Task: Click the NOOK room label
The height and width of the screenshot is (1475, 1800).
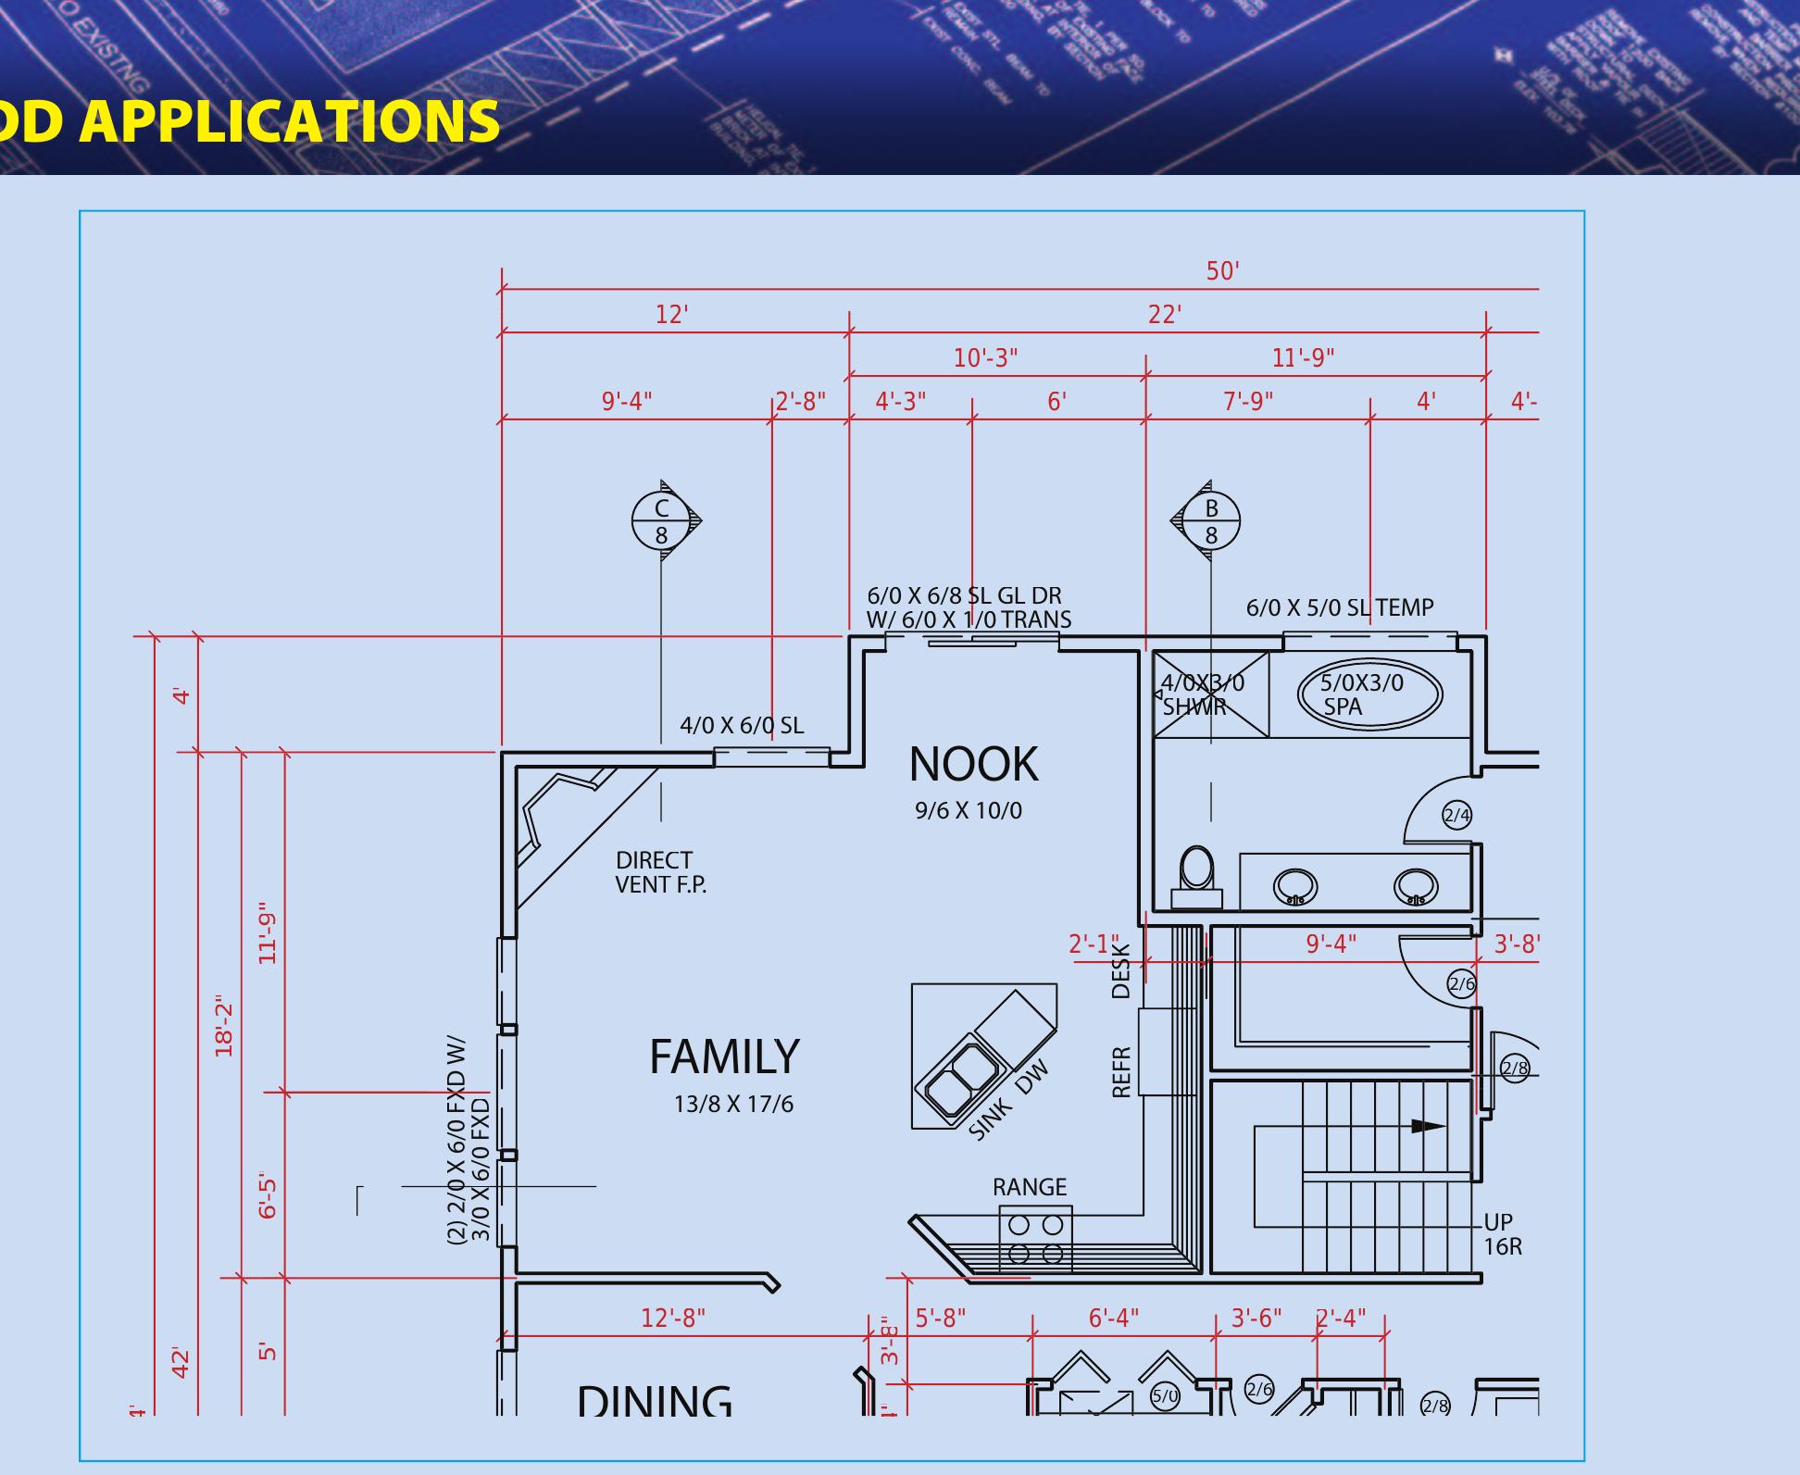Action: click(x=973, y=765)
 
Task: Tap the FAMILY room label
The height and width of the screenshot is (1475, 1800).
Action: click(x=724, y=1056)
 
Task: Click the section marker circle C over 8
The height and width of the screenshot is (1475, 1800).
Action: click(x=661, y=521)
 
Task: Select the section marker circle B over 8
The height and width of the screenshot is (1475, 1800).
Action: click(x=1211, y=521)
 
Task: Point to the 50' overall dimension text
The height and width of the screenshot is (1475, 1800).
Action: click(x=1222, y=271)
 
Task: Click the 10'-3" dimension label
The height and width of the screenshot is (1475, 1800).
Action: click(x=985, y=358)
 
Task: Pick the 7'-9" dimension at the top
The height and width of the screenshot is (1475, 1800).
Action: click(x=1247, y=402)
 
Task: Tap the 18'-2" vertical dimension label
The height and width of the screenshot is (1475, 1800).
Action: click(x=224, y=1026)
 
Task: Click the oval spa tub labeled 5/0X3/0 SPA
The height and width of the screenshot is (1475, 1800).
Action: click(x=1369, y=694)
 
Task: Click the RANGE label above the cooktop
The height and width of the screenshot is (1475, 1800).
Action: click(x=1030, y=1187)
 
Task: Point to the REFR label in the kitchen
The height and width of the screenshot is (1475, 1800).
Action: click(x=1121, y=1072)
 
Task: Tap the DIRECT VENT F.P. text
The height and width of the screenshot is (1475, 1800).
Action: click(x=660, y=872)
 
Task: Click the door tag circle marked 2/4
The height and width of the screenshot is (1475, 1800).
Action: click(x=1456, y=816)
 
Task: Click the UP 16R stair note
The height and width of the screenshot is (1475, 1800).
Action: click(x=1502, y=1234)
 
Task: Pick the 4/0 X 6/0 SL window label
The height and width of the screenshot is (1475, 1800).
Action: click(x=742, y=726)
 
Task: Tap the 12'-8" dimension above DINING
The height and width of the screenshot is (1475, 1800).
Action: click(x=673, y=1318)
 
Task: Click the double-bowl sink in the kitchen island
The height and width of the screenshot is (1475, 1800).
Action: click(x=957, y=1079)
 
